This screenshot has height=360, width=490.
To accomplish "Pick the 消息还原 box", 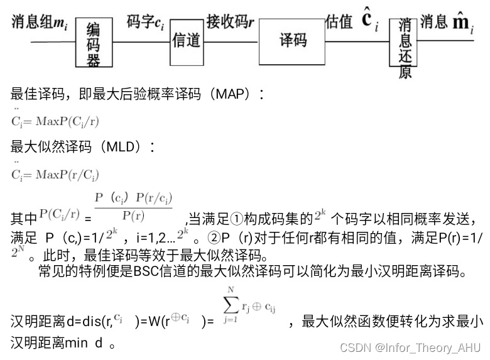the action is point(405,46).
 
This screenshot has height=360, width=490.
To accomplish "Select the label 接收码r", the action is point(230,23).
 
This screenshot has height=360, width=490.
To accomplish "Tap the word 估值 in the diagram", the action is point(339,22).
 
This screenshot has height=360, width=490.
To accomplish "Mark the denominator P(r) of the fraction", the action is point(133,215).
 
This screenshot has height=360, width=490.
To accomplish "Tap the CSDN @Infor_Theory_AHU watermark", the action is point(411,347).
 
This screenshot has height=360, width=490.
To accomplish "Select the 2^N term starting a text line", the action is point(18,254).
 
